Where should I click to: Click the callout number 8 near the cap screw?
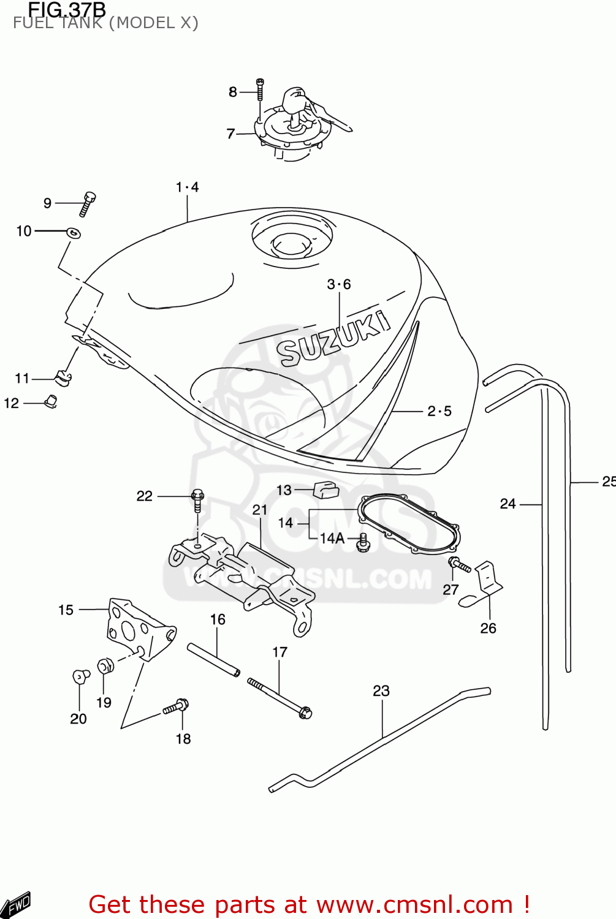pyautogui.click(x=232, y=92)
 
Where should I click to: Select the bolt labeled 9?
pyautogui.click(x=88, y=203)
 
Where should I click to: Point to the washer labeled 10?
pyautogui.click(x=74, y=232)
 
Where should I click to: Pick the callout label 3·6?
pyautogui.click(x=338, y=284)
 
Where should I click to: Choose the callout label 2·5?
pyautogui.click(x=439, y=411)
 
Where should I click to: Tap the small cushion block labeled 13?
pyautogui.click(x=326, y=490)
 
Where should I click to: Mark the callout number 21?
pyautogui.click(x=260, y=510)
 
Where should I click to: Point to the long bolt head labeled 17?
pyautogui.click(x=305, y=713)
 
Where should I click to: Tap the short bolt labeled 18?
pyautogui.click(x=176, y=707)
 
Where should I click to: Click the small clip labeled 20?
pyautogui.click(x=80, y=676)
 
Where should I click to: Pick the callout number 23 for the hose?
pyautogui.click(x=381, y=691)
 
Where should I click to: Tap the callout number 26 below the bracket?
pyautogui.click(x=488, y=628)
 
